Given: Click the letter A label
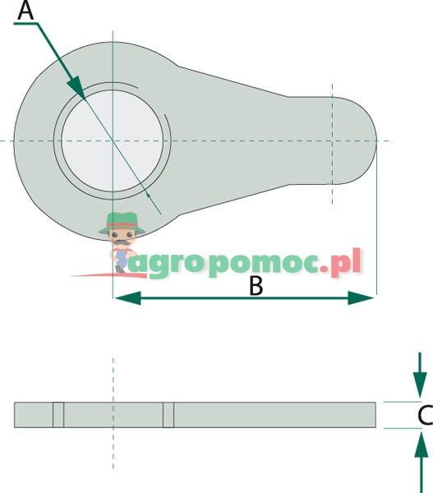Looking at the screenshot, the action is click(x=25, y=11).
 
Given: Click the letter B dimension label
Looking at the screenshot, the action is click(x=256, y=286).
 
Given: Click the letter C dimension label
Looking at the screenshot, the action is click(x=426, y=415).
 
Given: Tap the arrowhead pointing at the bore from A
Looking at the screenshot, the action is click(x=76, y=87).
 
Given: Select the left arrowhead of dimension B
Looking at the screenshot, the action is click(x=127, y=297).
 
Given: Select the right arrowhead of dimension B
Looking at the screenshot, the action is click(x=361, y=297).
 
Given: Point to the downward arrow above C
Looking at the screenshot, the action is click(x=420, y=376).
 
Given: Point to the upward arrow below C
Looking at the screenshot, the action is click(x=421, y=462).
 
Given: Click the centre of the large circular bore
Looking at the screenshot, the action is click(x=113, y=141).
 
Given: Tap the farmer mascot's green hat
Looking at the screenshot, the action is click(x=122, y=223).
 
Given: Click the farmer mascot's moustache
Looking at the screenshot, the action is click(x=122, y=242).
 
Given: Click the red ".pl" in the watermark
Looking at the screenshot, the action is click(x=340, y=264).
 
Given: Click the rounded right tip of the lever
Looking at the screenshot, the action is click(x=376, y=141).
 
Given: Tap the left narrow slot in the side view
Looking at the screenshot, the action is click(x=58, y=415).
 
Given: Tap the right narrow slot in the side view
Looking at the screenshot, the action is click(x=168, y=415).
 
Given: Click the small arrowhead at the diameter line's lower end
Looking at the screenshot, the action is click(x=149, y=196).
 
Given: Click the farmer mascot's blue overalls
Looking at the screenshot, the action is click(x=121, y=258).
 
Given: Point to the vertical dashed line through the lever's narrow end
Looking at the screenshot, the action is click(x=333, y=144).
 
